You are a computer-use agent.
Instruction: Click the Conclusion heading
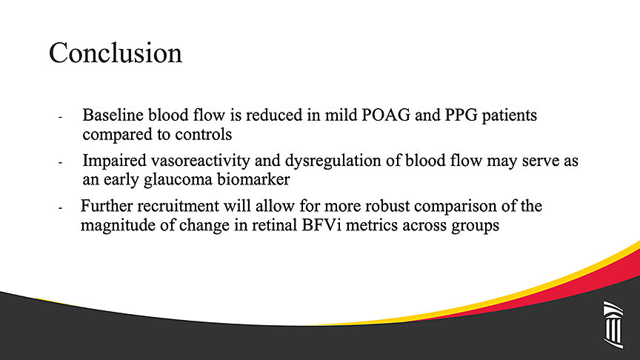[x=116, y=53]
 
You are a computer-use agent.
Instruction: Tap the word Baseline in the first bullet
[x=113, y=115]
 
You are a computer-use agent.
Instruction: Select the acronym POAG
[x=386, y=115]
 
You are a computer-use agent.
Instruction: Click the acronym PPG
[x=461, y=115]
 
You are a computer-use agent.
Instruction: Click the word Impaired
[x=114, y=161]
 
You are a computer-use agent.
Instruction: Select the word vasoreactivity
[x=201, y=161]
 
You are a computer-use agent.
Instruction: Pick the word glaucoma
[x=178, y=180]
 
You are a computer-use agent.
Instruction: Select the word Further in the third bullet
[x=107, y=206]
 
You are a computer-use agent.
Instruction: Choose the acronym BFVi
[x=321, y=225]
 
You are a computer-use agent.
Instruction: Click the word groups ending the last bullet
[x=475, y=226]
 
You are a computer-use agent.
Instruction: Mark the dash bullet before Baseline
[x=60, y=118]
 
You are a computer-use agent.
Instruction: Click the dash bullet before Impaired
[x=60, y=163]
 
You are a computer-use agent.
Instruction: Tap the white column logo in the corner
[x=613, y=324]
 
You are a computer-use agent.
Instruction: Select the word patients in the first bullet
[x=510, y=116]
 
